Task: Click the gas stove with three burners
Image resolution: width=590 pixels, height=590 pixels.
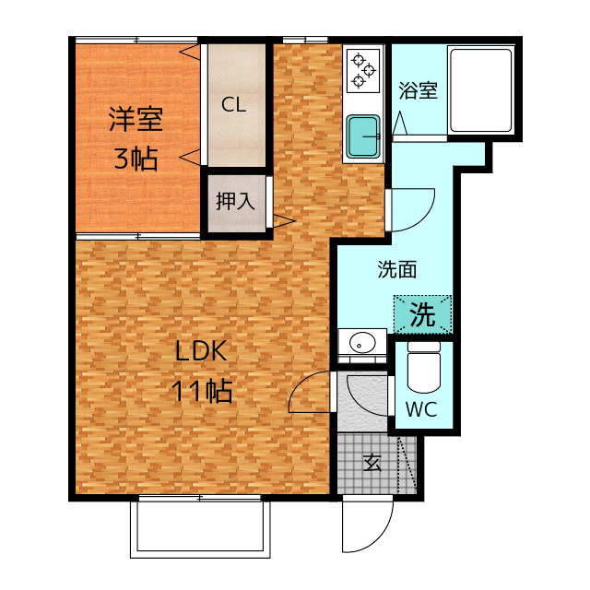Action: pos(364,71)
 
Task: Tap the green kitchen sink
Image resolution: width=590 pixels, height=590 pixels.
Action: pos(365,136)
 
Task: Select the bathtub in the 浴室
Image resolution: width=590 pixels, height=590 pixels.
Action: pos(479,88)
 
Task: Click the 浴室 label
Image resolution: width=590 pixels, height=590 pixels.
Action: pos(418,91)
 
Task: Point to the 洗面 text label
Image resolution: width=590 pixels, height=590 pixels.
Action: pos(397,270)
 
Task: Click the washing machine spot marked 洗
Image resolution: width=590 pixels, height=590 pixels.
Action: pos(422,315)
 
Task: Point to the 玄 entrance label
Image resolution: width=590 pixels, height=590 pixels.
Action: pos(372,463)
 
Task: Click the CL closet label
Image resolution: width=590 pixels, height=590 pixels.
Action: pos(233,105)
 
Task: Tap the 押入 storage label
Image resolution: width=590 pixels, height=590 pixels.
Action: pos(234,202)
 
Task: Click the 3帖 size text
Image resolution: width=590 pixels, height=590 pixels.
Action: pos(135,159)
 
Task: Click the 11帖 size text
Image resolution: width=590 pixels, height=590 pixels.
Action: pos(201,391)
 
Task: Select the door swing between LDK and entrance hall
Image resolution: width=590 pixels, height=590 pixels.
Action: pos(311,393)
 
